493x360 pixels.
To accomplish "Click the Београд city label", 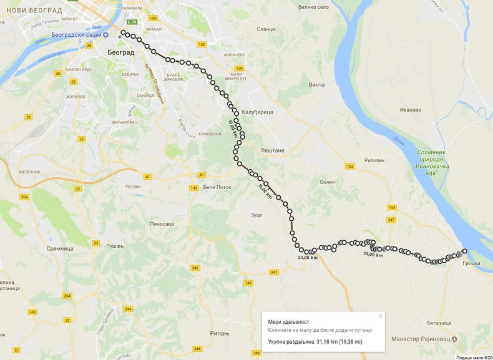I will tap(120, 52).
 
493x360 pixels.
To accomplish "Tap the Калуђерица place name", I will tap(258, 112).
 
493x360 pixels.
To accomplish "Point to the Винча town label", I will tap(316, 84).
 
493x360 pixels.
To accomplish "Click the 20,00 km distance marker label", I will tap(308, 258).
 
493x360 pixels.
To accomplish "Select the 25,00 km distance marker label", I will tap(373, 254).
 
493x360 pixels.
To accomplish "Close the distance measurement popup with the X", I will tap(380, 316).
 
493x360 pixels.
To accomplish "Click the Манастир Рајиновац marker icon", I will tap(454, 339).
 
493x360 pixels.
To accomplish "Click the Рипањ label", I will tap(220, 333).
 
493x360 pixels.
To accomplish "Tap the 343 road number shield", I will tap(32, 312).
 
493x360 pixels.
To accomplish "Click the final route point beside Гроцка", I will tap(464, 251).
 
